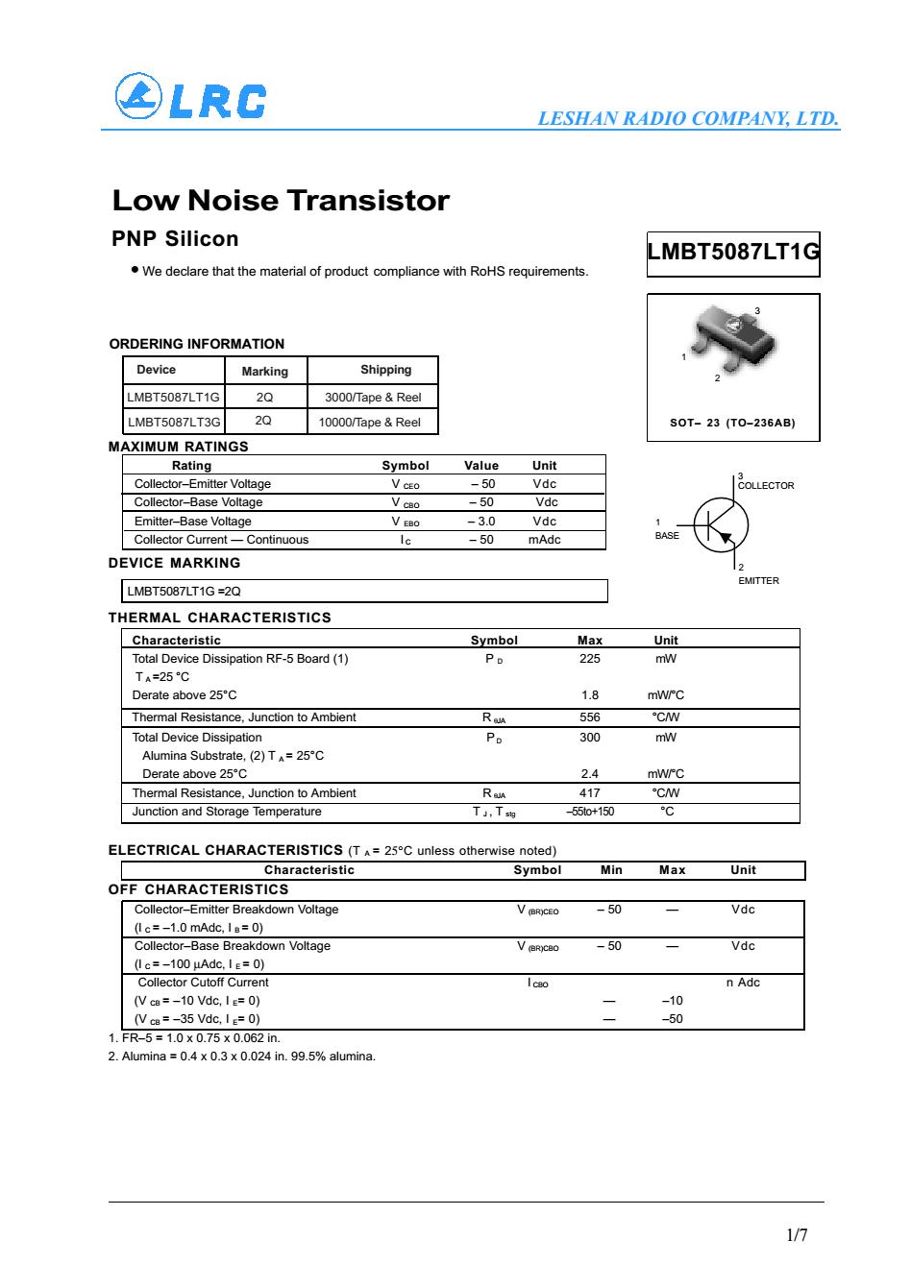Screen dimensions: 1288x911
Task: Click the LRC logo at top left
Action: click(189, 98)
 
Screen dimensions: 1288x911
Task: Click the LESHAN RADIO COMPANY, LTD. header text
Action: click(688, 119)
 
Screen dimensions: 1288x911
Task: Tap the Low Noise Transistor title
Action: click(281, 201)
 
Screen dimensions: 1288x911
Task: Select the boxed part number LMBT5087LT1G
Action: click(733, 253)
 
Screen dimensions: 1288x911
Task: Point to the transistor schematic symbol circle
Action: click(721, 524)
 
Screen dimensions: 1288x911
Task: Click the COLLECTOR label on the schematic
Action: click(766, 486)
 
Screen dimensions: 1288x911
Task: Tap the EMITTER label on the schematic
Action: click(758, 581)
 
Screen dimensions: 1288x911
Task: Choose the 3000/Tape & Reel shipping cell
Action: click(373, 397)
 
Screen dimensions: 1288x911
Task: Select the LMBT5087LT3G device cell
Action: click(173, 422)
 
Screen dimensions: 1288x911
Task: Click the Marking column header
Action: click(264, 371)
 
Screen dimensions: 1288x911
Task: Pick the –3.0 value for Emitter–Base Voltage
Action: click(481, 522)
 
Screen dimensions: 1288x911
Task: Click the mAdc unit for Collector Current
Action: click(544, 540)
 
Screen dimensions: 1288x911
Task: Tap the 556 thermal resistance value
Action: click(590, 717)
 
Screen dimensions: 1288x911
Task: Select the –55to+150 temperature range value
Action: click(590, 812)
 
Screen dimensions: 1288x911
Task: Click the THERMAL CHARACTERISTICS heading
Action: click(220, 618)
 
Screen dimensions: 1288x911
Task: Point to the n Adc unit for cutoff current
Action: click(743, 983)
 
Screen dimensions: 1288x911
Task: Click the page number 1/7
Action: click(797, 1235)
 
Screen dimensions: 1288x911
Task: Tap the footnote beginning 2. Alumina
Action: click(241, 1057)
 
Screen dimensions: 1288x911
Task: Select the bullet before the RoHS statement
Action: click(135, 270)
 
